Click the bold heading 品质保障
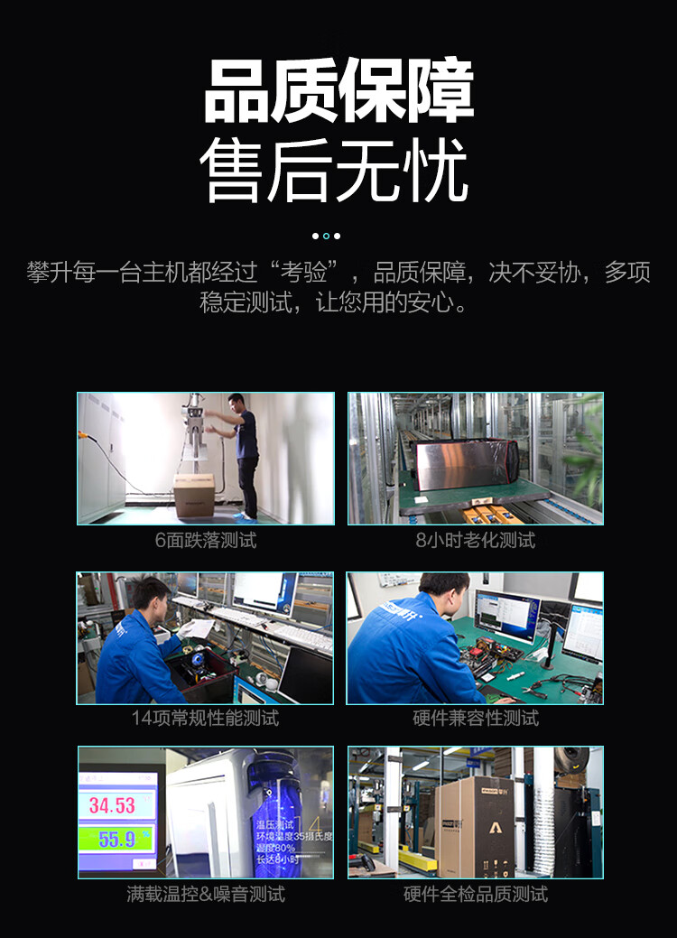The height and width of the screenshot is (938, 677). click(338, 92)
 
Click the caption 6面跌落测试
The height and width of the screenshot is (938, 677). click(206, 541)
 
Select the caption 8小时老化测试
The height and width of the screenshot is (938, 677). click(476, 541)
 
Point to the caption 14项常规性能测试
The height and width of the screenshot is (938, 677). click(206, 718)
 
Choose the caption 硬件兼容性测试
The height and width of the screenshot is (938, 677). click(476, 718)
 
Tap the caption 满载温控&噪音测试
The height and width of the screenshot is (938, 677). click(206, 894)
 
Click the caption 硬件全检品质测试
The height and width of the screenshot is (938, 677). click(476, 894)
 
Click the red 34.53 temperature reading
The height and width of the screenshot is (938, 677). click(112, 804)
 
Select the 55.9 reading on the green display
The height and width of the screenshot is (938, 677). click(116, 840)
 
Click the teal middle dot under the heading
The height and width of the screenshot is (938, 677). click(327, 236)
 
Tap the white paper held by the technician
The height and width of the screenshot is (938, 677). click(198, 628)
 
